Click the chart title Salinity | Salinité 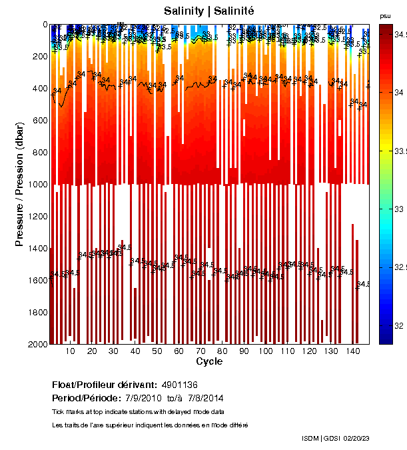click(x=209, y=11)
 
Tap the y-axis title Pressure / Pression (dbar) click(x=19, y=184)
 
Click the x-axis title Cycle click(x=209, y=361)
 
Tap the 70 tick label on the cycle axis click(x=201, y=351)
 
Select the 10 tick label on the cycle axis click(x=71, y=351)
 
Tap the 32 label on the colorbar click(x=398, y=325)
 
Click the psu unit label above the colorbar click(x=385, y=15)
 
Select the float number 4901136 click(x=180, y=385)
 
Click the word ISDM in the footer click(x=311, y=438)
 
